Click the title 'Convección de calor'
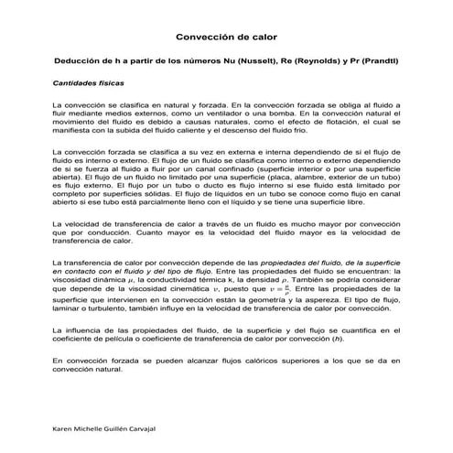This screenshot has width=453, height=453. click(226, 38)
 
